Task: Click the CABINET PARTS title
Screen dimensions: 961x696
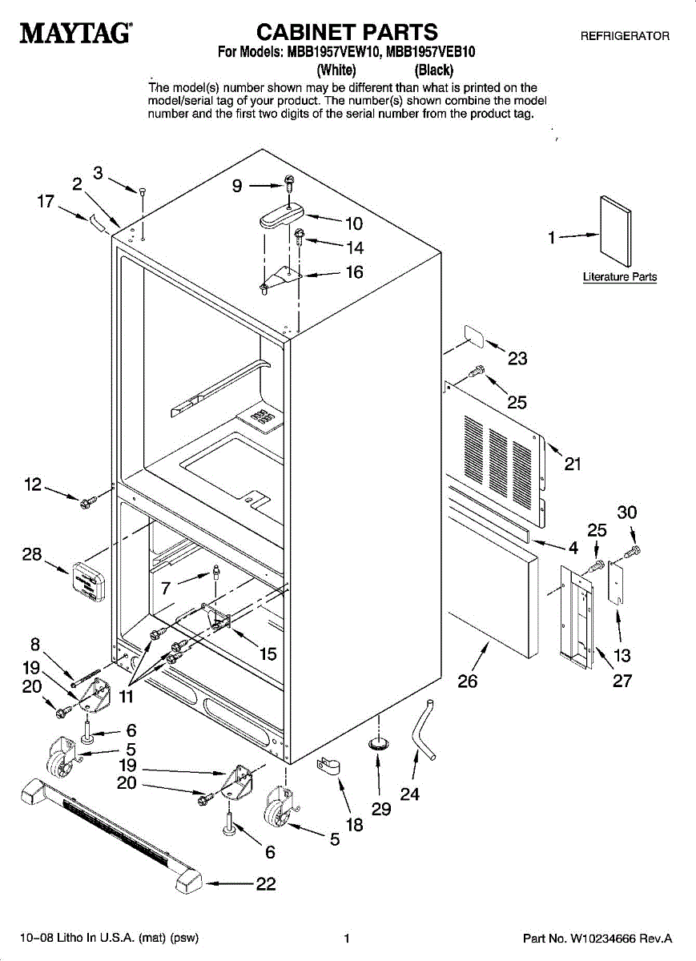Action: pos(347,32)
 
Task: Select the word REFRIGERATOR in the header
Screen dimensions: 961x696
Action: pos(625,36)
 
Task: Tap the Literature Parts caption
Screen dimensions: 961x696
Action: pos(619,277)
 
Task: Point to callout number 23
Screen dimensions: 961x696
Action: pos(517,358)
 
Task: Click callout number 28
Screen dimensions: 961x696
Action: pos(32,554)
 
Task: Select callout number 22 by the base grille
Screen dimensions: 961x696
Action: pos(265,884)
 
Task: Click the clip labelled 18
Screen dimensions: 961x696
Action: pos(327,766)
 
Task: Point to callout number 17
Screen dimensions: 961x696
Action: pos(46,203)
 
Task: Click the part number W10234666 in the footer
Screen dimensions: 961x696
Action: pos(605,938)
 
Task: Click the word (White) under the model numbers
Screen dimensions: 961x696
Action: pos(336,70)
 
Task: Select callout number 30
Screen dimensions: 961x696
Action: pos(627,513)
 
